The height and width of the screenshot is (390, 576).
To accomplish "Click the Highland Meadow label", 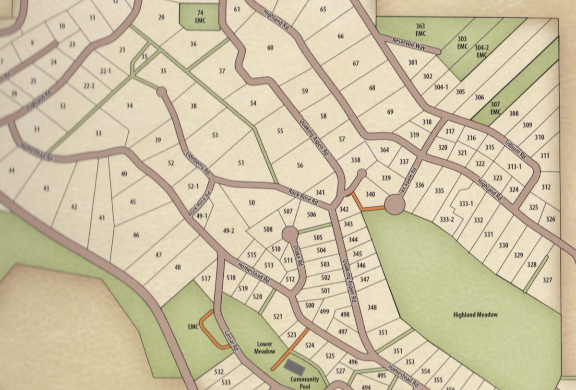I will click(476, 315).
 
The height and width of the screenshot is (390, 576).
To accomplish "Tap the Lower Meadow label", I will click(265, 348).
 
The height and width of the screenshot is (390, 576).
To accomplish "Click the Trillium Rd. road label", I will click(516, 149).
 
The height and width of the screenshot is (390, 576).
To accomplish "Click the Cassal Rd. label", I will click(231, 341).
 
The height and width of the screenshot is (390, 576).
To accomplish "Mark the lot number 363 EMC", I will click(420, 29).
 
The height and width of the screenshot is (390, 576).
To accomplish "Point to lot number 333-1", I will click(466, 204).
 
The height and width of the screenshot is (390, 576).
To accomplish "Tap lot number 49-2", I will click(228, 231).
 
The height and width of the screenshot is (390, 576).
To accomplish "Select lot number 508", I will click(268, 230).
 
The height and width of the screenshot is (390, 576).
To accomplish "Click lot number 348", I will click(372, 307).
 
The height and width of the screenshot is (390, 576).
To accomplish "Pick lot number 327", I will click(547, 280).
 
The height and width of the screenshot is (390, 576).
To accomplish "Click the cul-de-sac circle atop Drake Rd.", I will click(290, 235).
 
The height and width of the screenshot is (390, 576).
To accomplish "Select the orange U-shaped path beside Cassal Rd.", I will click(207, 330).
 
